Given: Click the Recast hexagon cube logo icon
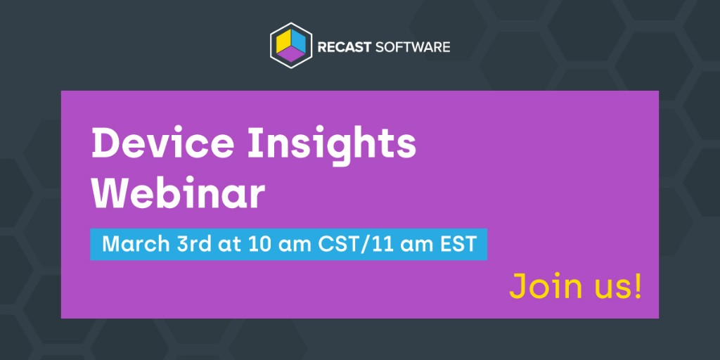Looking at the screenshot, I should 290,46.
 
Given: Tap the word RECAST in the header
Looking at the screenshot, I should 342,48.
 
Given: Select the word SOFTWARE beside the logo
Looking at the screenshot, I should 411,48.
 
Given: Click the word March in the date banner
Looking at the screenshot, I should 132,245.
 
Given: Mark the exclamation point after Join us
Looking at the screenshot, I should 637,286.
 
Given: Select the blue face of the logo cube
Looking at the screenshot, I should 298,41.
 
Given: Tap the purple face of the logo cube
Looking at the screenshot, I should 290,56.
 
